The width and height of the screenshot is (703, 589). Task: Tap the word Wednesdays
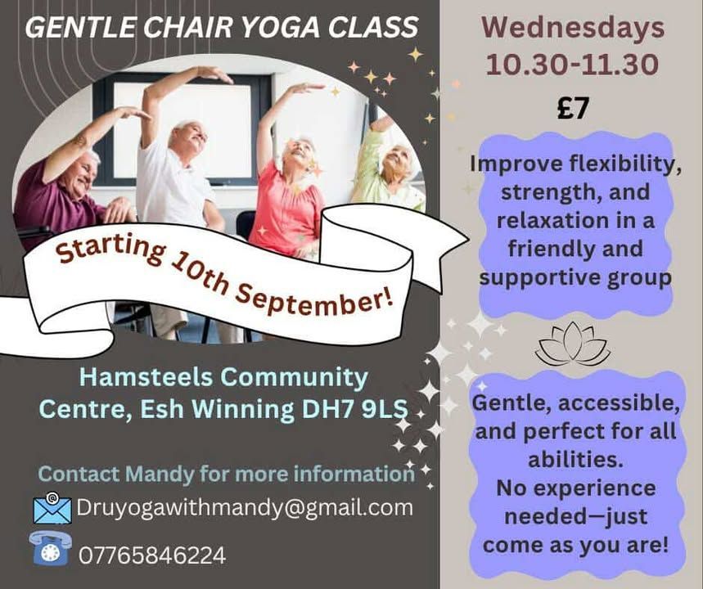[x=573, y=27]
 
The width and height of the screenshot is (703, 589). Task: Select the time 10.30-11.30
[x=573, y=65]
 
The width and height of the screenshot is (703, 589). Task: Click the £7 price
[x=572, y=108]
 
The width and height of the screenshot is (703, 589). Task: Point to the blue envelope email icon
[x=52, y=508]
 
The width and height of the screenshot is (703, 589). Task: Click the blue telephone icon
[x=50, y=548]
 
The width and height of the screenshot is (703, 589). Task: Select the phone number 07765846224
[x=152, y=555]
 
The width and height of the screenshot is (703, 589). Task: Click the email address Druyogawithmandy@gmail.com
[x=245, y=508]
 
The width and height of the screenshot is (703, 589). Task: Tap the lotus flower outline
[x=573, y=344]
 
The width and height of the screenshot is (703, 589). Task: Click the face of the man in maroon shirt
[x=81, y=173]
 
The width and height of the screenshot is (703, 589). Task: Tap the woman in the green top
[x=391, y=170]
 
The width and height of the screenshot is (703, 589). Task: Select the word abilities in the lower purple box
[x=574, y=460]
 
